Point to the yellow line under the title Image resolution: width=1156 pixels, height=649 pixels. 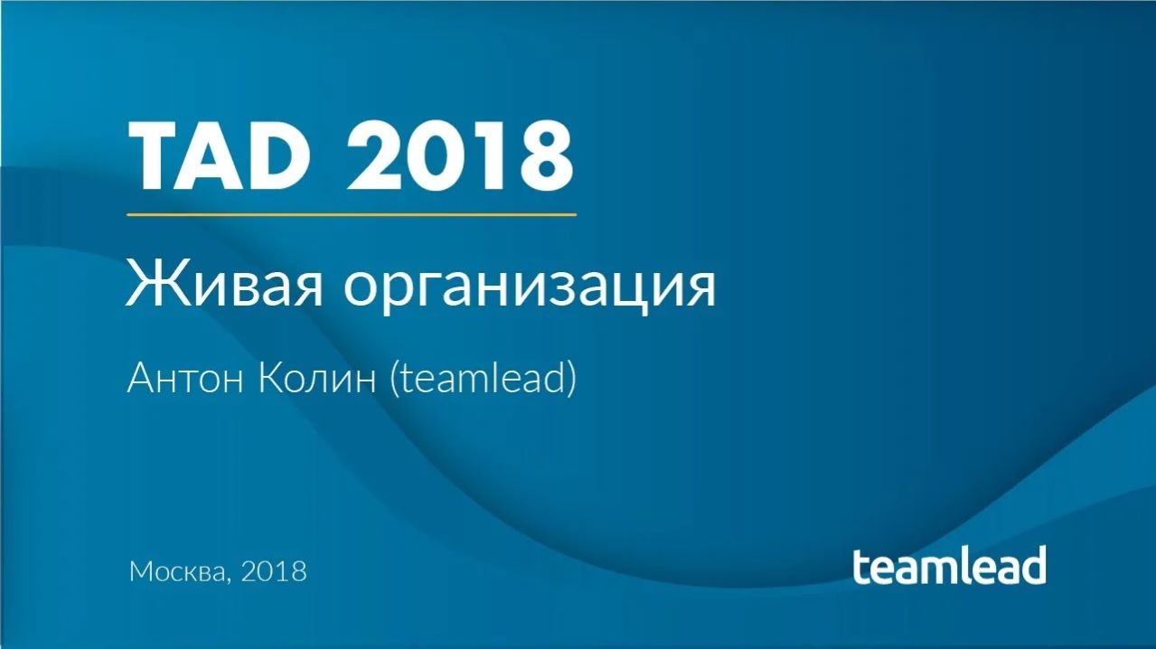pyautogui.click(x=351, y=215)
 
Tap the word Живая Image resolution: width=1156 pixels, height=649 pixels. pyautogui.click(x=226, y=284)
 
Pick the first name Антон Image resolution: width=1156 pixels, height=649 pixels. pyautogui.click(x=185, y=379)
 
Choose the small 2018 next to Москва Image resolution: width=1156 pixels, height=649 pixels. pyautogui.click(x=274, y=571)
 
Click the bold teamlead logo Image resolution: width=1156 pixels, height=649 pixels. pyautogui.click(x=949, y=565)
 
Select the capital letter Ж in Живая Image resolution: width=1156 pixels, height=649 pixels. pyautogui.click(x=147, y=282)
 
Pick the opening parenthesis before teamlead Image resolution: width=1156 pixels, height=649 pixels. pyautogui.click(x=394, y=380)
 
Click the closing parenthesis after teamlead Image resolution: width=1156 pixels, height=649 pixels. pyautogui.click(x=571, y=380)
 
